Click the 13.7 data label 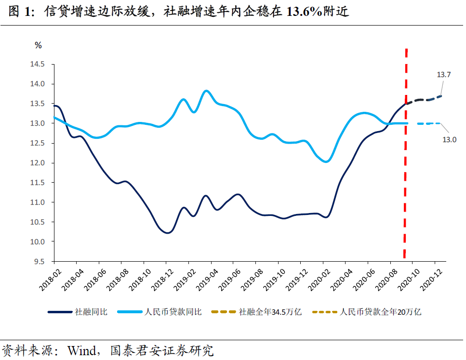click(443, 75)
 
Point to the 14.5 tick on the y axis click(38, 64)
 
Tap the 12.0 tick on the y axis click(38, 163)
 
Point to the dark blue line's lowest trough click(167, 233)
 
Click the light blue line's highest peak click(206, 91)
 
